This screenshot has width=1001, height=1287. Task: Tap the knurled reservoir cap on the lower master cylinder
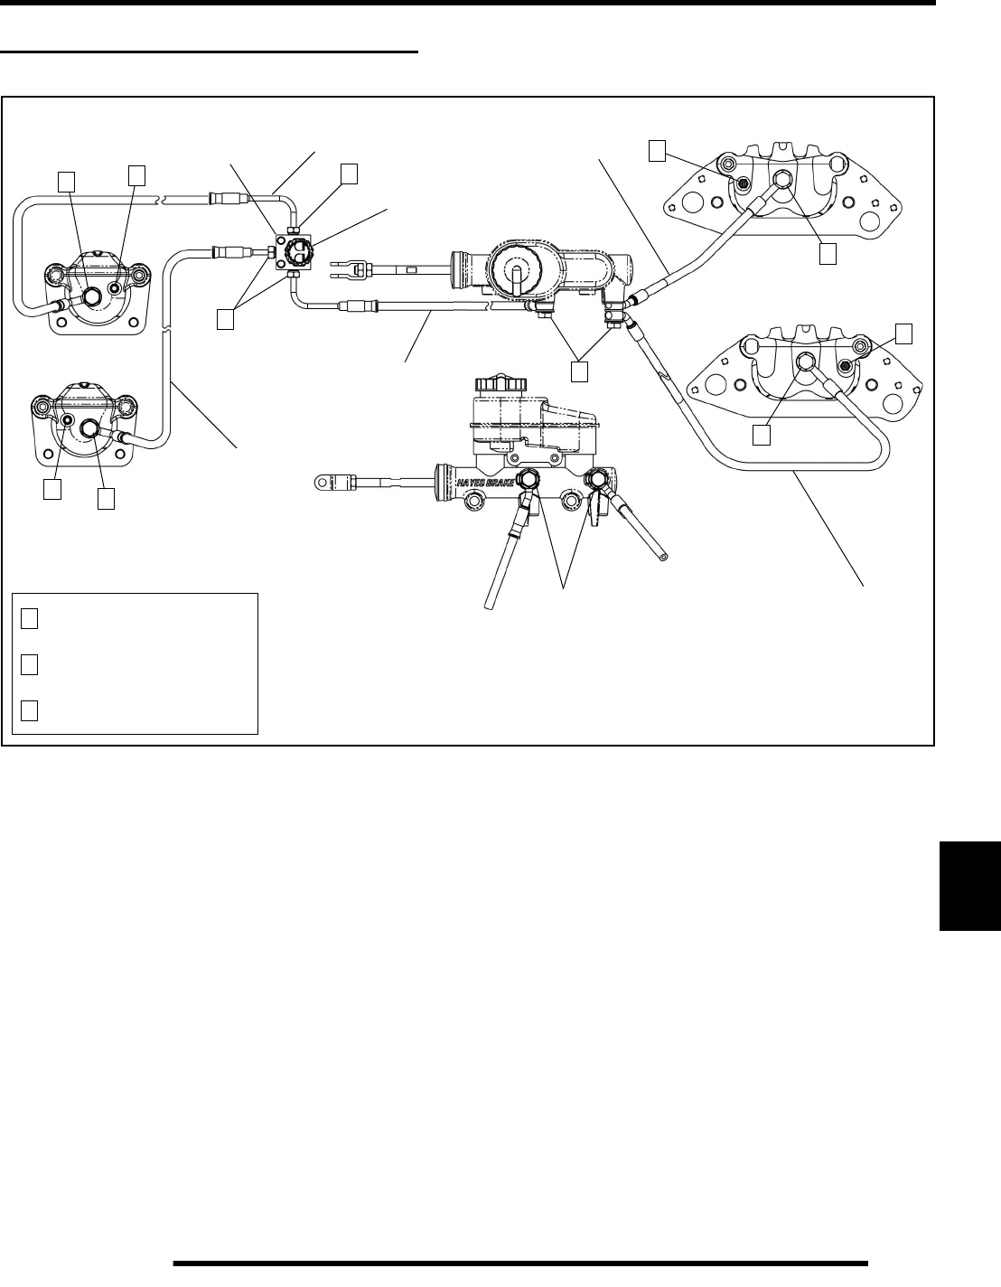pyautogui.click(x=500, y=384)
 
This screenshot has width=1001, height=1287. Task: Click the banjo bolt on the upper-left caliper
pyautogui.click(x=91, y=296)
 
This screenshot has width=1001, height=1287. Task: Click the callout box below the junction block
pyautogui.click(x=227, y=319)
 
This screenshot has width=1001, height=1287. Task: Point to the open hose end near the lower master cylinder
pyautogui.click(x=665, y=559)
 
